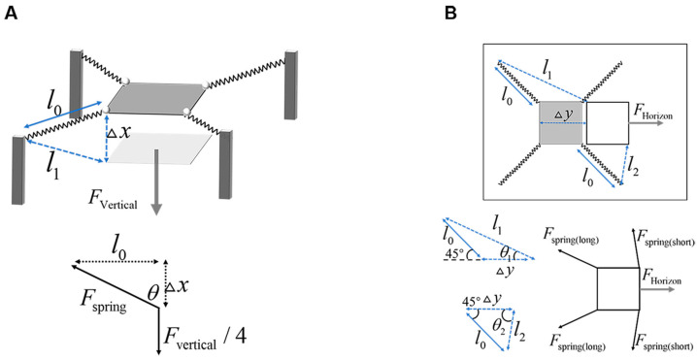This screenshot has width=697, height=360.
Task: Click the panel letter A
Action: tap(11, 15)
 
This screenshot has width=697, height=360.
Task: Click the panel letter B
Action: tap(450, 15)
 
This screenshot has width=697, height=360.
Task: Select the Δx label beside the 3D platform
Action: tap(119, 133)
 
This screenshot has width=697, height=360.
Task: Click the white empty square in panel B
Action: tap(608, 123)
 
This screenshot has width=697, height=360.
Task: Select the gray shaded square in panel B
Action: tap(561, 122)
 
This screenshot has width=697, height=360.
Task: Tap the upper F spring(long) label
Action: tap(571, 239)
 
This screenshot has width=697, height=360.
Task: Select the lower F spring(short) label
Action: tap(664, 344)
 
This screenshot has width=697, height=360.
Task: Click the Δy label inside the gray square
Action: tap(561, 115)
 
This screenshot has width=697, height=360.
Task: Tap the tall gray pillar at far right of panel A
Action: tap(290, 84)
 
